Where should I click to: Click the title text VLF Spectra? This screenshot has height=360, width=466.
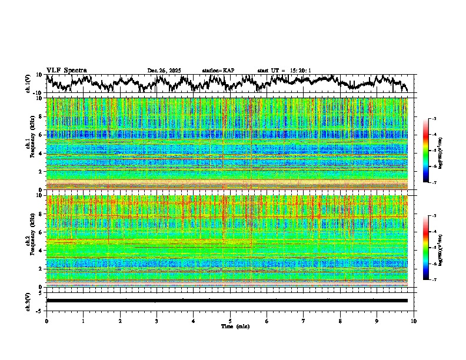click(x=66, y=70)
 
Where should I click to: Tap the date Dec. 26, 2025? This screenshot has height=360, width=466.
click(x=164, y=71)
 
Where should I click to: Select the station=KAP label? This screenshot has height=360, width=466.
click(x=218, y=71)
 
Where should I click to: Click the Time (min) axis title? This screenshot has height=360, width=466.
click(x=235, y=326)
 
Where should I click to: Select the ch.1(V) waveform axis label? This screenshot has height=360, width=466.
click(x=28, y=84)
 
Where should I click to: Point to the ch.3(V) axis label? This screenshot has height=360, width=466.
click(x=28, y=300)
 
